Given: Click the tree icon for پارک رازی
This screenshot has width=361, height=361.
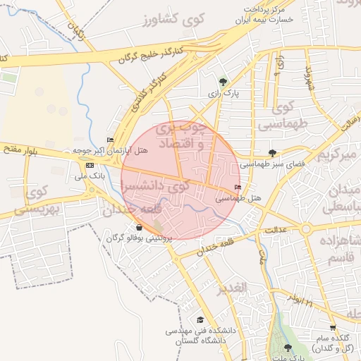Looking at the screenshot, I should pyautogui.click(x=224, y=82).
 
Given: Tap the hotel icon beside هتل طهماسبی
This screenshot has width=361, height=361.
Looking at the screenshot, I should pyautogui.click(x=237, y=188).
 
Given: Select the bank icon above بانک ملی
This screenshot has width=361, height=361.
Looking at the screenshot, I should pyautogui.click(x=89, y=165).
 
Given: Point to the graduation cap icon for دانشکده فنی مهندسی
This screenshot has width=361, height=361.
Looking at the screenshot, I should pyautogui.click(x=200, y=320).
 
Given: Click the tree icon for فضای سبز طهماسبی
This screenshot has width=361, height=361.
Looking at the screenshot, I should pyautogui.click(x=272, y=152).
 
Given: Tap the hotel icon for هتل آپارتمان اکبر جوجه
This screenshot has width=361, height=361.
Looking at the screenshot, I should pyautogui.click(x=109, y=140).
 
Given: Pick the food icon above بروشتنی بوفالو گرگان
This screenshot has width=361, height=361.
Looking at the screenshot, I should pyautogui.click(x=139, y=227).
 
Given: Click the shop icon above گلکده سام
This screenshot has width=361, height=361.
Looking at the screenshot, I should pyautogui.click(x=333, y=328).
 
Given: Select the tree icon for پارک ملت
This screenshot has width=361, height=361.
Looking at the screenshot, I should pyautogui.click(x=287, y=347).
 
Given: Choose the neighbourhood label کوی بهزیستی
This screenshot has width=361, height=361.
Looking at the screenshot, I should pyautogui.click(x=40, y=201).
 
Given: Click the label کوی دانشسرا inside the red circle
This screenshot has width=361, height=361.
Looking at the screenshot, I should pyautogui.click(x=156, y=186).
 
